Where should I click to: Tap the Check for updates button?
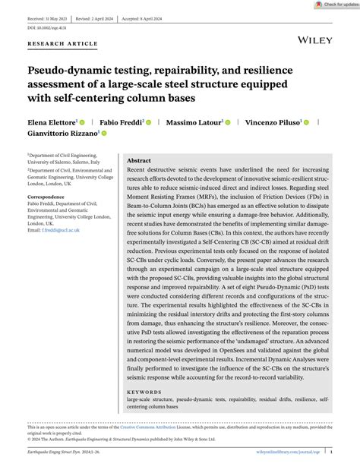339,5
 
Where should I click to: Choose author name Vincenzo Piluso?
270,121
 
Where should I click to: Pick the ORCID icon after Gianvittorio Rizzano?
103,134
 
